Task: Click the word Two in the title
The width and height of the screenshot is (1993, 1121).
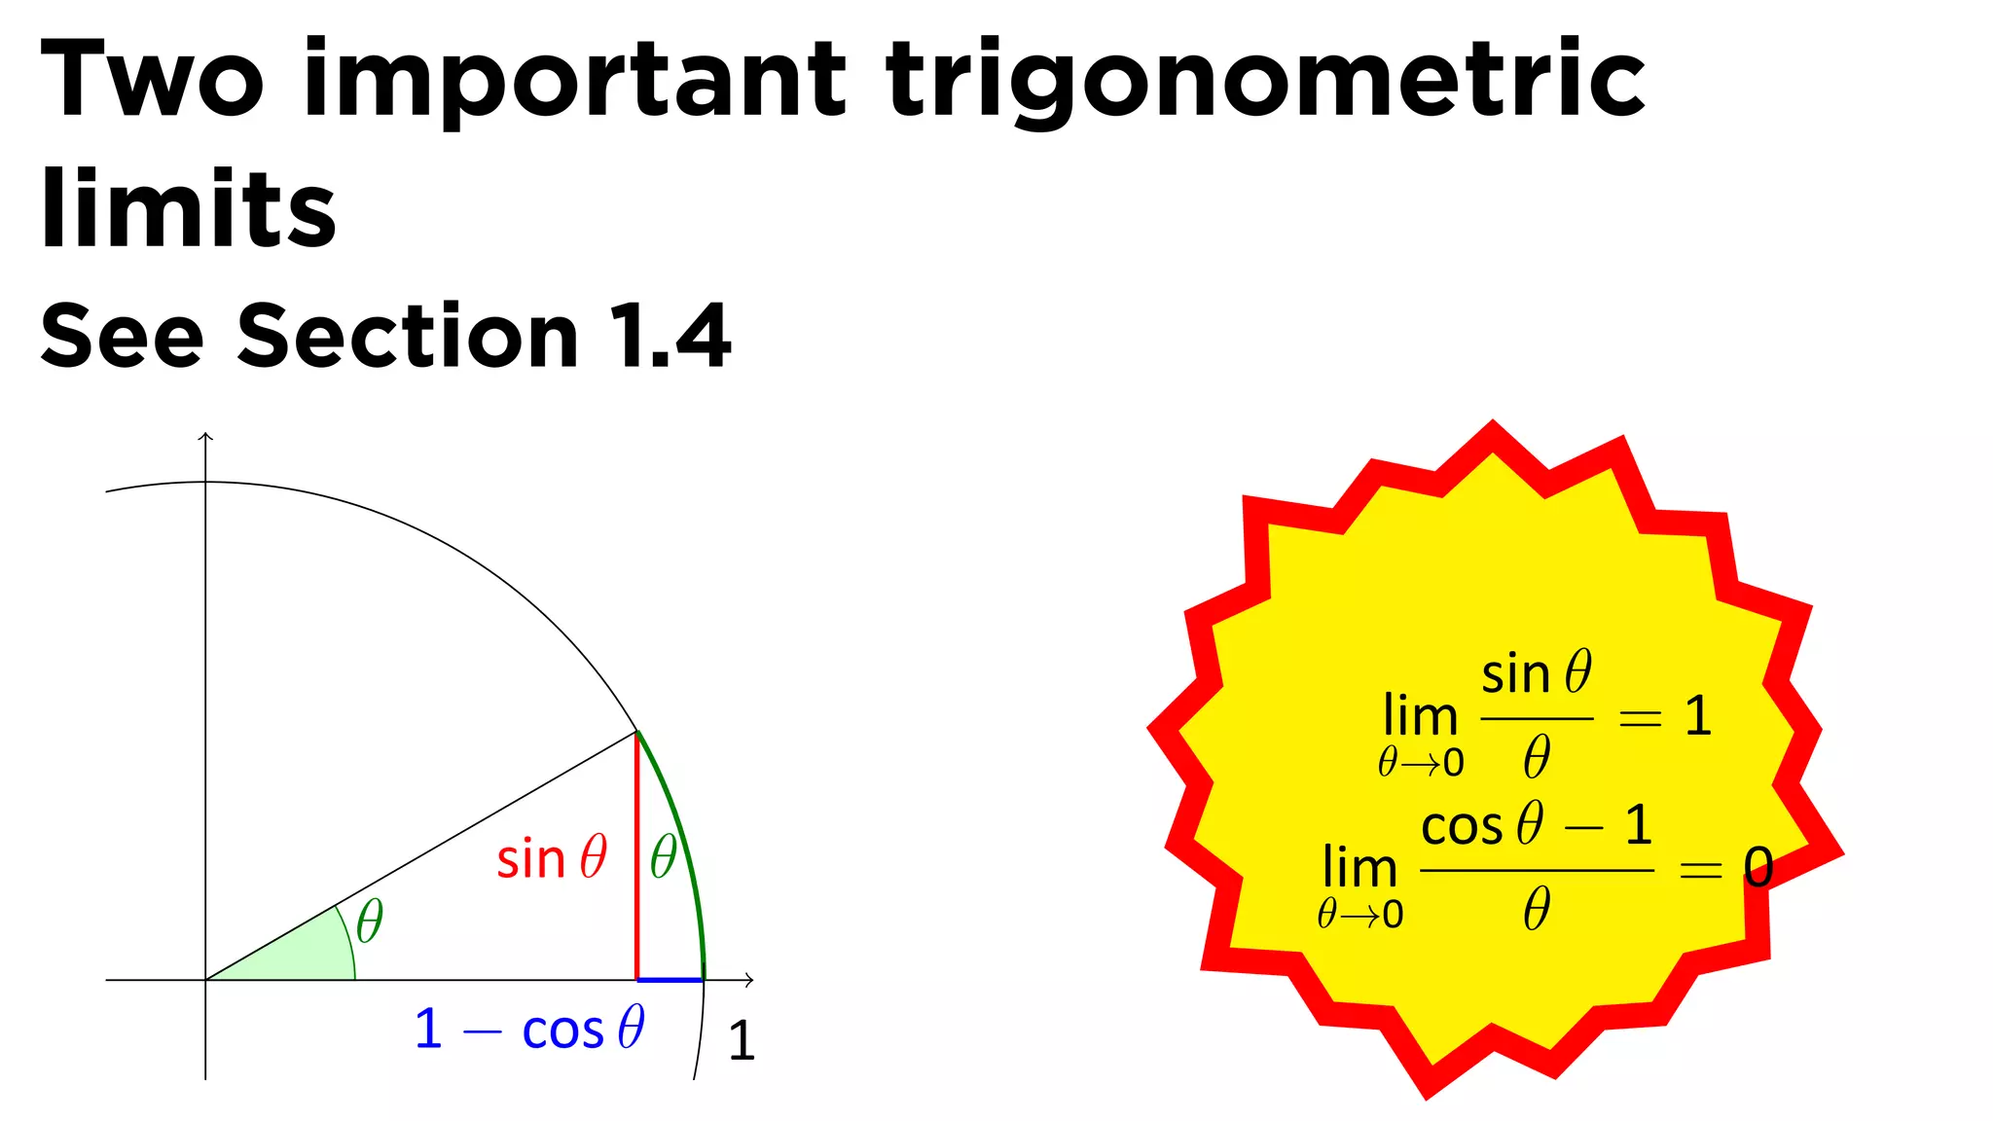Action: coord(152,80)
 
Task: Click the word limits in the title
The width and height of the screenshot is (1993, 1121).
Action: coord(188,207)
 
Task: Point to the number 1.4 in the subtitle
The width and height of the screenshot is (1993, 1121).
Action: coord(670,336)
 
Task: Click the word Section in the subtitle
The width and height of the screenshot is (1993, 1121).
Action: coord(408,336)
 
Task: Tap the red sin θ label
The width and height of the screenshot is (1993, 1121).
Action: coord(552,858)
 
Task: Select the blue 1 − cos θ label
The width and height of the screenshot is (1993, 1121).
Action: coord(529,1029)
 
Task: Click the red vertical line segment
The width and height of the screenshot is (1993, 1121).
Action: coord(636,856)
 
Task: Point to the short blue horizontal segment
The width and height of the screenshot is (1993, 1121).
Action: coord(670,980)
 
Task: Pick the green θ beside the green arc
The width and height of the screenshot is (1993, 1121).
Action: coord(664,857)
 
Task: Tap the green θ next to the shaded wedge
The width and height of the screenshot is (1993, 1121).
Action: coord(370,921)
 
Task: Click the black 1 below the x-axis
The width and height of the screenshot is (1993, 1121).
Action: coord(742,1040)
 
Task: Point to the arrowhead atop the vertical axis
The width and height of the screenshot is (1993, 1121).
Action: coord(205,437)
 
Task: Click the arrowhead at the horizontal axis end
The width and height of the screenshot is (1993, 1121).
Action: coord(748,980)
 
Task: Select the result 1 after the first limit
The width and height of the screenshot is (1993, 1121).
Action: coord(1698,716)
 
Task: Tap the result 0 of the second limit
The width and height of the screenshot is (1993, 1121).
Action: coord(1757,867)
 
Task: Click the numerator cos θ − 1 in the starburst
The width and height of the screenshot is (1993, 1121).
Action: coord(1537,826)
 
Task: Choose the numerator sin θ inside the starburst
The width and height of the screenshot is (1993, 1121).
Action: coord(1537,673)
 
